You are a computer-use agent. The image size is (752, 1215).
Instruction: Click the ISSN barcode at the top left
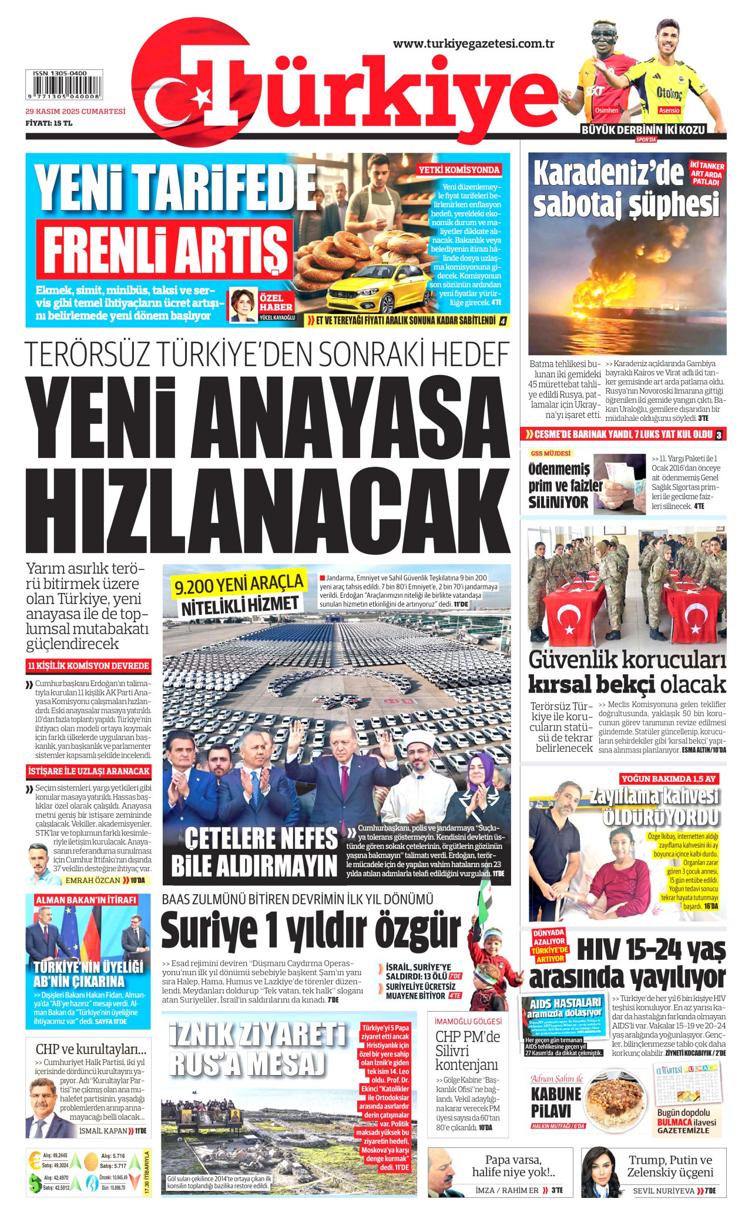tap(63, 86)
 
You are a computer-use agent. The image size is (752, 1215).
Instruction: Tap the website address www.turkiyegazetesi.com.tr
tap(474, 43)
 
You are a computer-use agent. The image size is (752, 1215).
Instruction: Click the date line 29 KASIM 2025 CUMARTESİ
tap(75, 111)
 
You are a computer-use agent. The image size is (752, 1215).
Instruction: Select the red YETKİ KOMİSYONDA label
tap(459, 170)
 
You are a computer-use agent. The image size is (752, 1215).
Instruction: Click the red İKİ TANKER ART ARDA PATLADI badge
tap(707, 174)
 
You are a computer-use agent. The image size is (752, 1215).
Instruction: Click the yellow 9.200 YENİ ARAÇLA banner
tap(239, 584)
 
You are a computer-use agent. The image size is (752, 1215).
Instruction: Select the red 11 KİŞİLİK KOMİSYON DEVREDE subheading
tap(88, 666)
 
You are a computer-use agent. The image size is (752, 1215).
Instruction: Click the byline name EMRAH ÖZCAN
tap(93, 880)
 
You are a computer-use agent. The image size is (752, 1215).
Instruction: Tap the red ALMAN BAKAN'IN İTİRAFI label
tap(86, 900)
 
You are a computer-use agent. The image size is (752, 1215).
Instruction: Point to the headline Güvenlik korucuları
tap(627, 660)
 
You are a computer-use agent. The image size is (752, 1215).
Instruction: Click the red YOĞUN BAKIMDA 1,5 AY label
tap(668, 779)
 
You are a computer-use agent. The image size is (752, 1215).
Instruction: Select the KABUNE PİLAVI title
tap(556, 1103)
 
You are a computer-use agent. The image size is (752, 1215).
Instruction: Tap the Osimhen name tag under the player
tap(606, 110)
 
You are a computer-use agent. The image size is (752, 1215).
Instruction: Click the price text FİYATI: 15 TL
tap(49, 123)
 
